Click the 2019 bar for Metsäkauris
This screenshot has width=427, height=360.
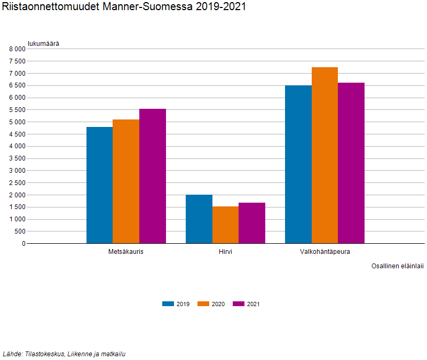[100, 185]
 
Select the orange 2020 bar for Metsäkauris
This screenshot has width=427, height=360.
[126, 181]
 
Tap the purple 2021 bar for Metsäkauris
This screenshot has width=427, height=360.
[153, 176]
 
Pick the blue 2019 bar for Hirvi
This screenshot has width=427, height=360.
[199, 219]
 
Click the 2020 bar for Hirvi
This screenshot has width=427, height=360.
[225, 225]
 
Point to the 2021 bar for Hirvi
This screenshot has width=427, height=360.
[252, 223]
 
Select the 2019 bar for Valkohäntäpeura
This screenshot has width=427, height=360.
[298, 164]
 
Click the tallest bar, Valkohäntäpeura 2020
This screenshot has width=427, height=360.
[325, 155]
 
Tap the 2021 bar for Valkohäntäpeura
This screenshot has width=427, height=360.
[351, 163]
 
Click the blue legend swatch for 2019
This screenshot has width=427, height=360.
[168, 304]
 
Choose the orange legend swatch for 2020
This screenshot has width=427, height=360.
[203, 304]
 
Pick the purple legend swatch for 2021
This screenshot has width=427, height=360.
[239, 304]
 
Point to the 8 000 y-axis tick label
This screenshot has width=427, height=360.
[17, 49]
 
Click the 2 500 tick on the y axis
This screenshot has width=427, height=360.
[17, 183]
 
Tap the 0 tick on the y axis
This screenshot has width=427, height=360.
[23, 244]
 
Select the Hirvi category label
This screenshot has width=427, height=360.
[225, 252]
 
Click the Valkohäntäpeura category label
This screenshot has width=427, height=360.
[325, 252]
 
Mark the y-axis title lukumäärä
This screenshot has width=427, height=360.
[43, 44]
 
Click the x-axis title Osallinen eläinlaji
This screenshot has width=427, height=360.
[398, 266]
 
